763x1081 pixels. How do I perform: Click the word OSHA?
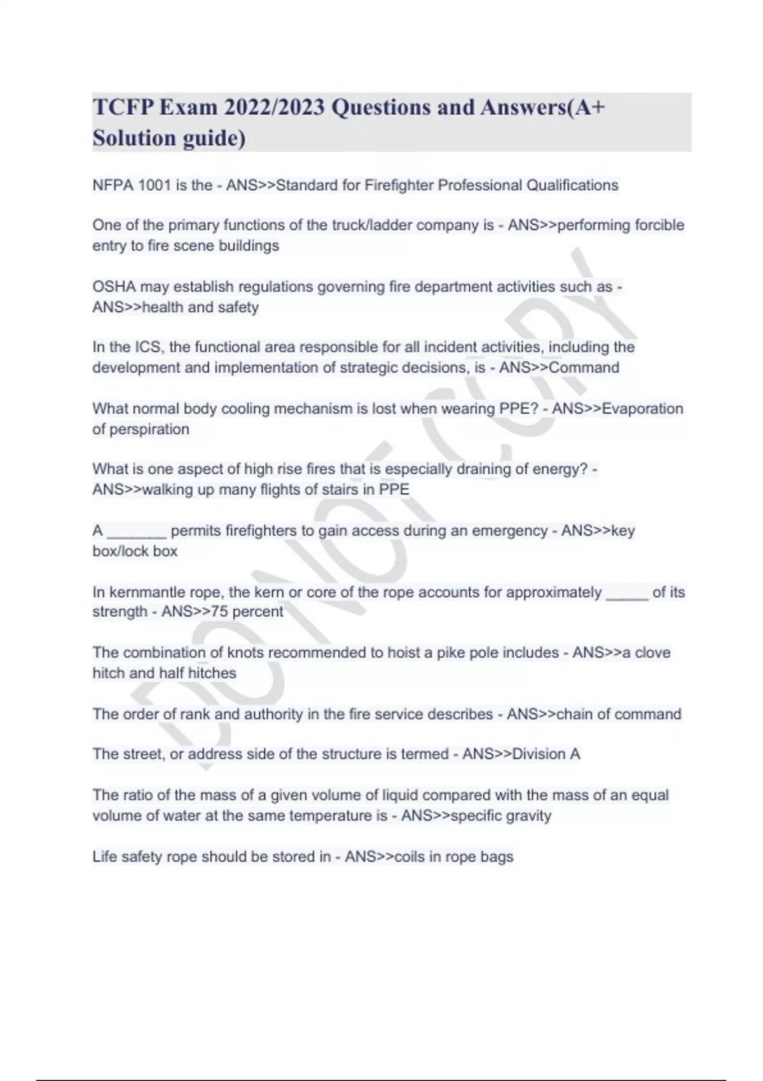[x=114, y=287]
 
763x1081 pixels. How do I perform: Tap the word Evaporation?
[x=642, y=408]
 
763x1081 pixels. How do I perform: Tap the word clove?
[x=652, y=653]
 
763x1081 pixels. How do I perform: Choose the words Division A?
[x=546, y=754]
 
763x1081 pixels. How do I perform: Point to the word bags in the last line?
[x=497, y=857]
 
